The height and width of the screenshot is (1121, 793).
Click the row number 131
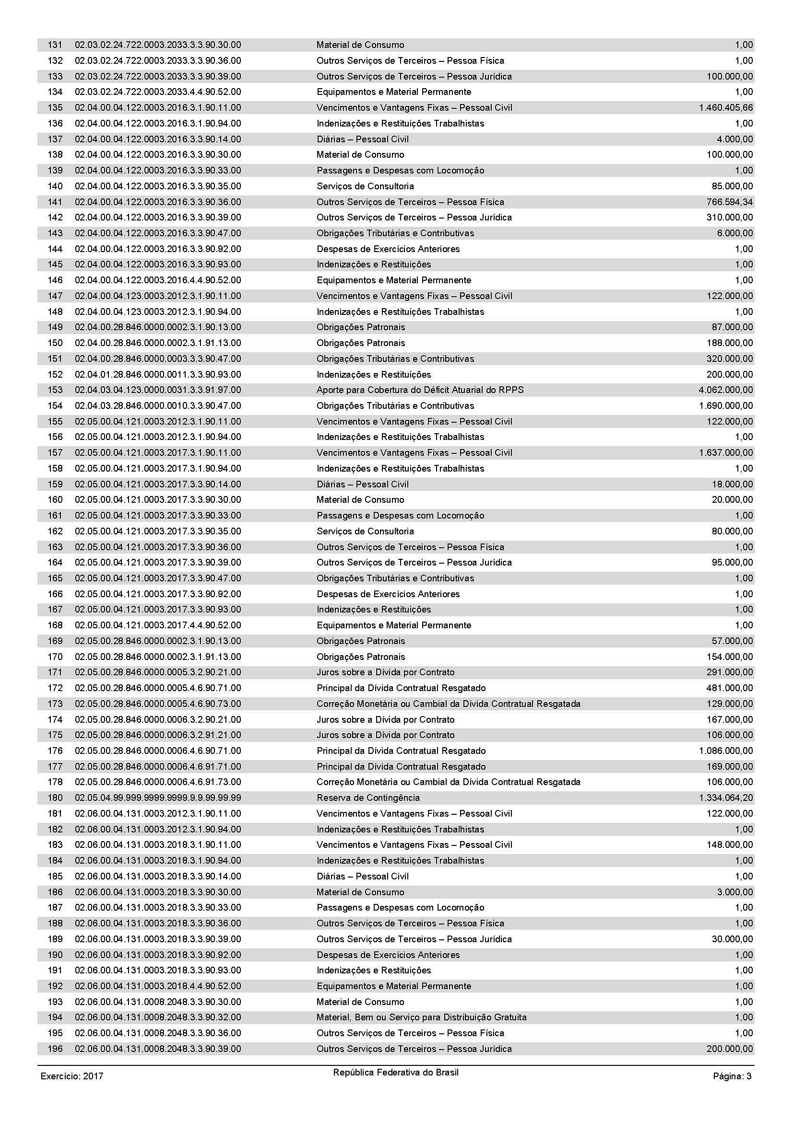pyautogui.click(x=55, y=45)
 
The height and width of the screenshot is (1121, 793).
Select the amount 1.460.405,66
pyautogui.click(x=725, y=108)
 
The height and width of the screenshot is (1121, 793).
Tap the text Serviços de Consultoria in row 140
pyautogui.click(x=365, y=186)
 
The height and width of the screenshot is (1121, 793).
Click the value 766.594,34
pyautogui.click(x=730, y=202)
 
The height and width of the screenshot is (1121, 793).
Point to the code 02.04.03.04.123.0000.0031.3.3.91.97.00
pyautogui.click(x=157, y=390)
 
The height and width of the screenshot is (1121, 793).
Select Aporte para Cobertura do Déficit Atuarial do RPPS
pyautogui.click(x=420, y=390)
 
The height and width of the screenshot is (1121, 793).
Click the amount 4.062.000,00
pyautogui.click(x=725, y=390)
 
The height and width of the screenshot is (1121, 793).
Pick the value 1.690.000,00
pyautogui.click(x=725, y=406)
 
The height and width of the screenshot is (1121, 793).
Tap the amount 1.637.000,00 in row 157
pyautogui.click(x=725, y=452)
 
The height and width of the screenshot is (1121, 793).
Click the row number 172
pyautogui.click(x=55, y=688)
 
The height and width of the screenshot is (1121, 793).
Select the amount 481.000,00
pyautogui.click(x=730, y=688)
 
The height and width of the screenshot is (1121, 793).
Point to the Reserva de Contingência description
pyautogui.click(x=368, y=798)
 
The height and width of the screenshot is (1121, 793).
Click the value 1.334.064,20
pyautogui.click(x=725, y=798)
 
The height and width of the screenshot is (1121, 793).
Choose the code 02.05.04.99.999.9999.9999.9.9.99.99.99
pyautogui.click(x=157, y=798)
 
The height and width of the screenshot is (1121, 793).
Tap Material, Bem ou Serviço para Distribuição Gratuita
pyautogui.click(x=421, y=1017)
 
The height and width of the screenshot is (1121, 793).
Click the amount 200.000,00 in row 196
pyautogui.click(x=730, y=1049)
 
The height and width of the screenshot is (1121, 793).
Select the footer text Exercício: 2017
pyautogui.click(x=72, y=1076)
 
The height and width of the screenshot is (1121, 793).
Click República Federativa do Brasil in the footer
pyautogui.click(x=396, y=1073)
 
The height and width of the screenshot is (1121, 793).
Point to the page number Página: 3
pyautogui.click(x=732, y=1076)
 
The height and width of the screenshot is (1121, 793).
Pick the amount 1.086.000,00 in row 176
pyautogui.click(x=725, y=751)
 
